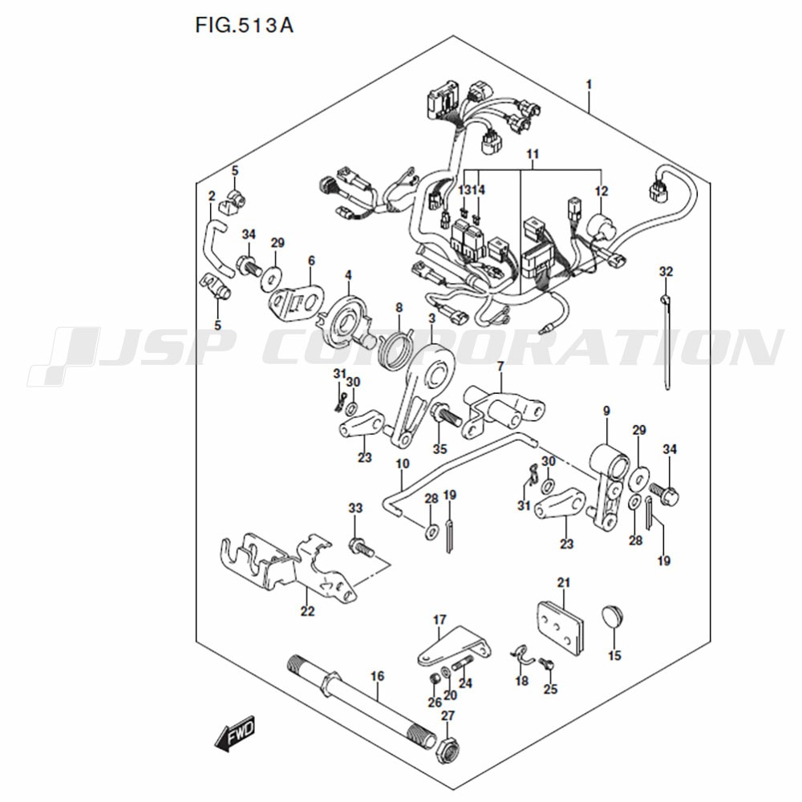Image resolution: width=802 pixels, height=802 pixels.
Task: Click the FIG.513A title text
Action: (x=244, y=25)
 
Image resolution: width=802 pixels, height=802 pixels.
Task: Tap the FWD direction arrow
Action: (x=235, y=732)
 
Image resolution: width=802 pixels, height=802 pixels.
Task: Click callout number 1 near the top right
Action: (x=589, y=84)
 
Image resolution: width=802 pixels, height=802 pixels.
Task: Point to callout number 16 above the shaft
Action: (x=377, y=676)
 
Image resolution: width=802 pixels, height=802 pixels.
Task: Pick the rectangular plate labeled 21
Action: (x=560, y=629)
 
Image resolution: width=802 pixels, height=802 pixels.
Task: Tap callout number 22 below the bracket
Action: (x=307, y=611)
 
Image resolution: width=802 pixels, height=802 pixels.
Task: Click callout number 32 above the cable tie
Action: (x=666, y=272)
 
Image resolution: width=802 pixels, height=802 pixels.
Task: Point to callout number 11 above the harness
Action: (x=533, y=154)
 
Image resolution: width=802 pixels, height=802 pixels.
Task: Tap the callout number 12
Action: (x=601, y=191)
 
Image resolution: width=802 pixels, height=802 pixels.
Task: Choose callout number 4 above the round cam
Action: (x=348, y=275)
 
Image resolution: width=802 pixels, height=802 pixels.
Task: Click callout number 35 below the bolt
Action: (x=439, y=449)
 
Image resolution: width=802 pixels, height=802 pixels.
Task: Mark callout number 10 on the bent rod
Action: (x=403, y=464)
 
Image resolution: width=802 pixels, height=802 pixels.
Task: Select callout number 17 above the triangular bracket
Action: (x=439, y=620)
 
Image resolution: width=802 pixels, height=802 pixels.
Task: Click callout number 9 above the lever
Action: (x=606, y=411)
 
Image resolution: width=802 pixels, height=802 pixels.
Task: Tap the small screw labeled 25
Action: (x=547, y=664)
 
